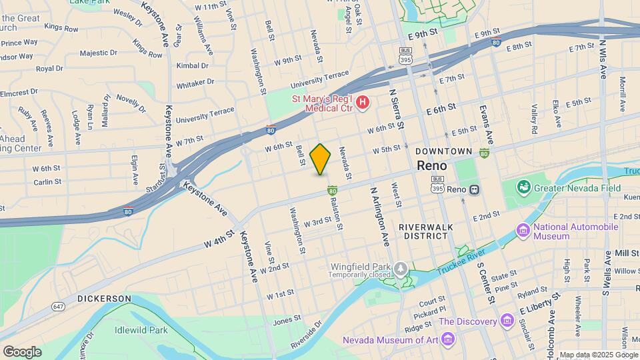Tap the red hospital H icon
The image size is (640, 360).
click(x=362, y=102)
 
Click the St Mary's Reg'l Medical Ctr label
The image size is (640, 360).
click(x=323, y=102)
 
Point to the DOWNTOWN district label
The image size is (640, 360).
click(x=444, y=151)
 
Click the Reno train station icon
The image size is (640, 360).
click(x=475, y=189)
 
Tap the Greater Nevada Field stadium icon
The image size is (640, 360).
click(x=525, y=187)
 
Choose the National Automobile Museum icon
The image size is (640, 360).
click(x=523, y=231)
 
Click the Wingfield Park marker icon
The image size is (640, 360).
click(x=400, y=270)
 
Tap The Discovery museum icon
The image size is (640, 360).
click(x=507, y=322)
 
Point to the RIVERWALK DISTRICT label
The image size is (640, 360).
click(x=425, y=231)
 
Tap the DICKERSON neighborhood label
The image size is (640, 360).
click(x=103, y=298)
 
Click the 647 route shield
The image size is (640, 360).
click(x=58, y=306)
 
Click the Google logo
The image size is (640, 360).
click(x=22, y=351)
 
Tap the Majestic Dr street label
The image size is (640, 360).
click(x=98, y=53)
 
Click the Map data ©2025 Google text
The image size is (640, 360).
click(x=598, y=355)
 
